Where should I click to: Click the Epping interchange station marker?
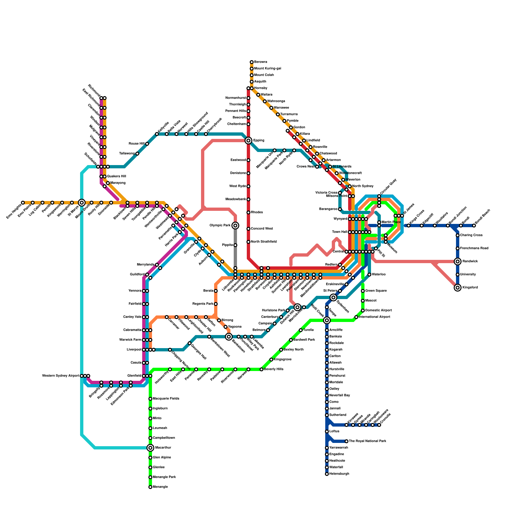[x=248, y=141]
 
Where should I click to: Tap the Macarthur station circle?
[x=150, y=448]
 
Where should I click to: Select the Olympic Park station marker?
[x=235, y=226]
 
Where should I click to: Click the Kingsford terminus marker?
[x=458, y=288]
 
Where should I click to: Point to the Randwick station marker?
[x=458, y=261]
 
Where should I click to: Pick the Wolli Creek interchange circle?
[x=327, y=320]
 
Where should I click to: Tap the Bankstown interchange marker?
[x=229, y=337]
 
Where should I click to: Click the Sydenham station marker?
[x=333, y=297]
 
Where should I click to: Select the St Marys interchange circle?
[x=82, y=203]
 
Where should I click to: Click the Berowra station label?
[x=261, y=62]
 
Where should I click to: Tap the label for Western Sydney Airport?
[x=61, y=376]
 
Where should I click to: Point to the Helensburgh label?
[x=339, y=474]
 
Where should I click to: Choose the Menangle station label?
[x=160, y=487]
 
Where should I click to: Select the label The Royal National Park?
[x=367, y=441]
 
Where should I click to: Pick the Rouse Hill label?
[x=136, y=144]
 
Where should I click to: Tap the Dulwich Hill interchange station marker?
[x=297, y=307]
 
